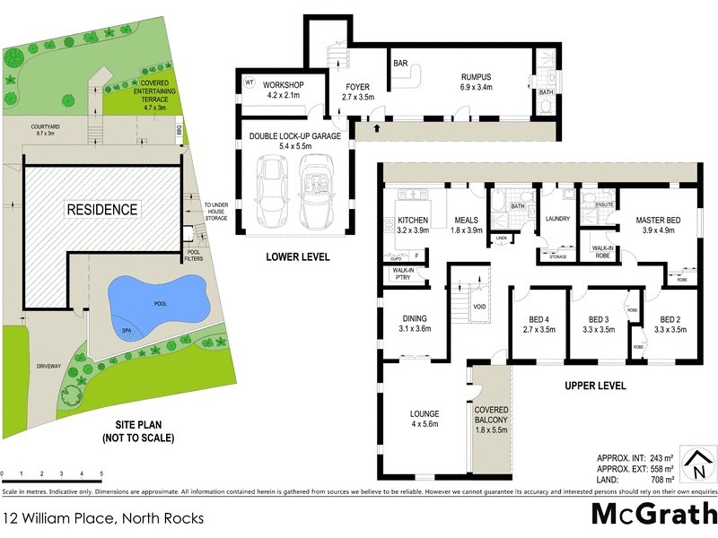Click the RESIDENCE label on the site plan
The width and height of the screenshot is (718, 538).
(x=101, y=210)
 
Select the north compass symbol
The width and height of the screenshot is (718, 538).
(x=696, y=465)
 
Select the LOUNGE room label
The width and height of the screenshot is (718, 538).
(x=424, y=413)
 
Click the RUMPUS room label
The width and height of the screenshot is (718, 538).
(x=476, y=77)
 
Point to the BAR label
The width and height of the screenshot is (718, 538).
(x=401, y=64)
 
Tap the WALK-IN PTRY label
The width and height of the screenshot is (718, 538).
(x=402, y=274)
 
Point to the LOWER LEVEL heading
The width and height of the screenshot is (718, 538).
(x=298, y=257)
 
